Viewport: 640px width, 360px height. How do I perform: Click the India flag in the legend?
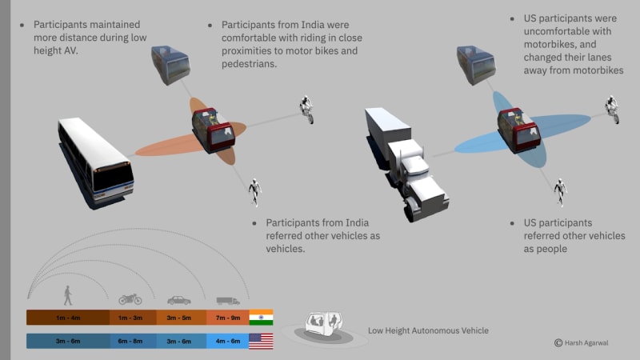261,318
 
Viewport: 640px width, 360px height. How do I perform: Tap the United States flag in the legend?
261,341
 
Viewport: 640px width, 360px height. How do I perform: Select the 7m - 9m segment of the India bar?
227,318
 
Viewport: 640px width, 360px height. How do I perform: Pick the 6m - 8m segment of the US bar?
130,341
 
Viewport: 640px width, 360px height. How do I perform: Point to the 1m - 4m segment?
67,318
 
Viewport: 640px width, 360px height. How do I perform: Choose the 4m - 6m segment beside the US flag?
227,341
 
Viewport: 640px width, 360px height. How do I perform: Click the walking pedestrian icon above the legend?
67,297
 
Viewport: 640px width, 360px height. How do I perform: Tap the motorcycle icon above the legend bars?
130,298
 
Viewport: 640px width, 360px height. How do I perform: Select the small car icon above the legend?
178,300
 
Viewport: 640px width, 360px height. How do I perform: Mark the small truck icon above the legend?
228,300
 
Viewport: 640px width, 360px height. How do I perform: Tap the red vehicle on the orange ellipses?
212,130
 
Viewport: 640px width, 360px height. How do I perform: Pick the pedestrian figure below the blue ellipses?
562,190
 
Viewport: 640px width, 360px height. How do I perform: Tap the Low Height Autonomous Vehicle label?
428,330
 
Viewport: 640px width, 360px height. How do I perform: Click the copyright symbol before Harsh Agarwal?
558,342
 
